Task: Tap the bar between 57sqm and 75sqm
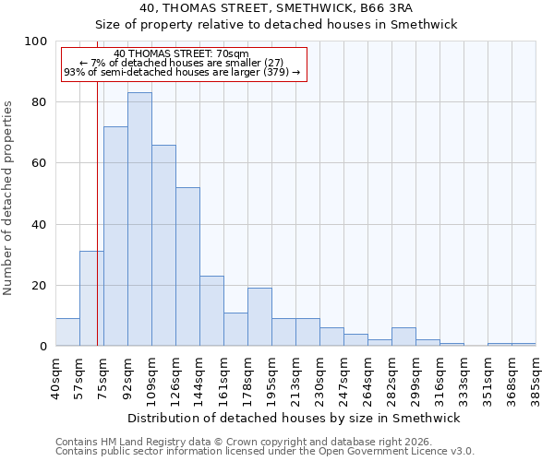pos(91,299)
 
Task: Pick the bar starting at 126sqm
pos(187,266)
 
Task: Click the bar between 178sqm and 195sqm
pos(259,317)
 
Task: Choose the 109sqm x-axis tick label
pos(151,376)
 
